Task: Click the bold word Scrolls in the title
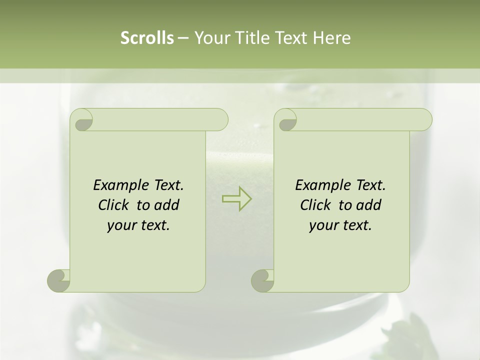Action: [147, 38]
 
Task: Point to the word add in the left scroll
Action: [167, 205]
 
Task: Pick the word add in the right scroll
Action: [369, 205]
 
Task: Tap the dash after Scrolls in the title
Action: [183, 38]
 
